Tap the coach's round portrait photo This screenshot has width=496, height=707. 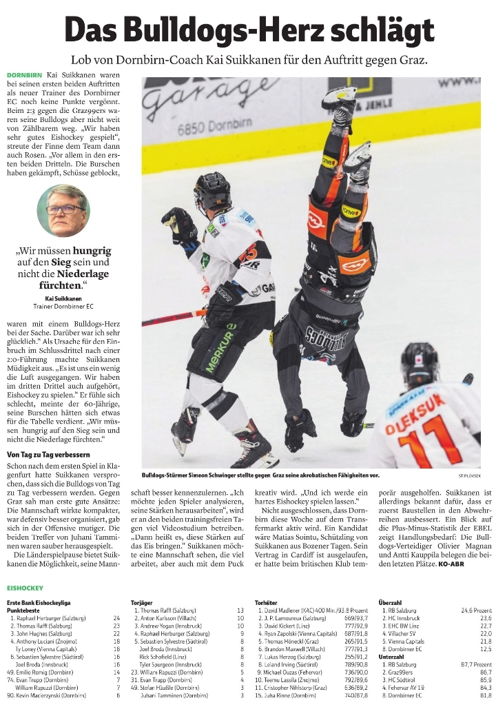(x=63, y=210)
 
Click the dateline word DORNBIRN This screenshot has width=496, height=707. (x=24, y=74)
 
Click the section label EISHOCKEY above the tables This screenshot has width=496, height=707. (x=25, y=588)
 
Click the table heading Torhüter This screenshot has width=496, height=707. (x=265, y=602)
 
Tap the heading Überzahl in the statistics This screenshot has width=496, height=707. (x=392, y=602)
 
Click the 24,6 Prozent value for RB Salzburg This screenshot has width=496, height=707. (x=476, y=610)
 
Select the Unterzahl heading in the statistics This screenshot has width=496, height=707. (x=393, y=656)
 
